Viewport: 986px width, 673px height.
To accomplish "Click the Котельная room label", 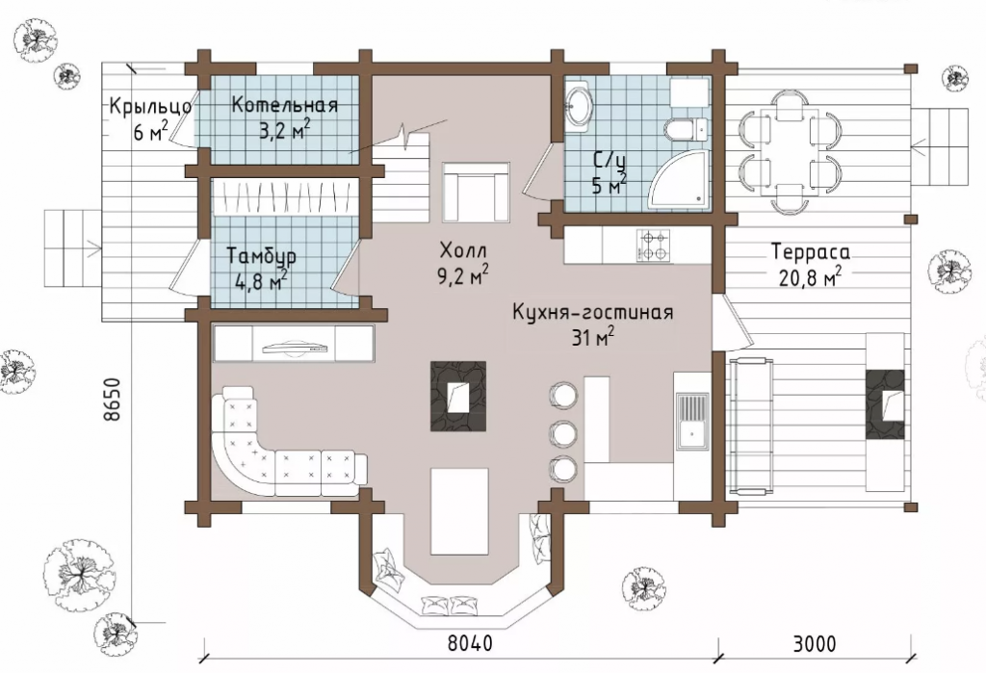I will coord(284,106).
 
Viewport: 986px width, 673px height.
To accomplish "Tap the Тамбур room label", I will coord(260,257).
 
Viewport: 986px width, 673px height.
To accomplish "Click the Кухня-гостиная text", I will coord(592,313).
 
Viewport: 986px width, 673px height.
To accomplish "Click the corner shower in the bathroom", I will coord(679,182).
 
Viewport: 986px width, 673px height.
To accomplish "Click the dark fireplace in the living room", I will coord(458,397).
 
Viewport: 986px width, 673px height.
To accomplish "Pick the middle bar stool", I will coord(562,430).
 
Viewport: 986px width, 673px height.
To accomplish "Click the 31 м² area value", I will coord(592,337).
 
